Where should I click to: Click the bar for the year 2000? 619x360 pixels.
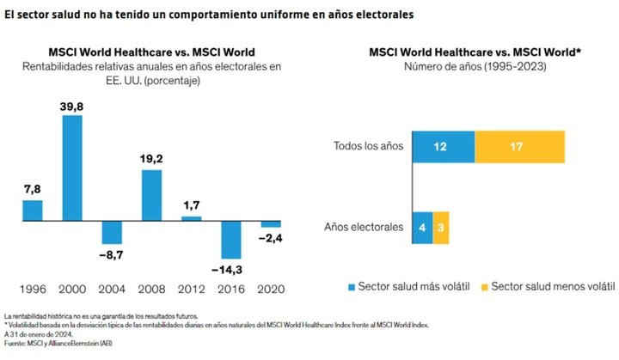pos(72,167)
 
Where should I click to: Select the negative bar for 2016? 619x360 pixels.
pos(231,240)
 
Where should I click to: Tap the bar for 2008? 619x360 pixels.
pos(151,195)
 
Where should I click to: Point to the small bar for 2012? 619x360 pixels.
pos(191,218)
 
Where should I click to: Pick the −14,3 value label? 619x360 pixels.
pos(231,270)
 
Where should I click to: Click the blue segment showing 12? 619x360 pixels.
pos(444,147)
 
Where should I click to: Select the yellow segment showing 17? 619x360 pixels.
pos(519,147)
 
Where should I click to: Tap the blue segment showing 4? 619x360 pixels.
pos(422,228)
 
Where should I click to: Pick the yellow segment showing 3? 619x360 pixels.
pos(441,228)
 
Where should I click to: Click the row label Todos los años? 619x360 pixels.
pos(368,147)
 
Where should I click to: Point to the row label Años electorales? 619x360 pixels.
pos(363,228)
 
